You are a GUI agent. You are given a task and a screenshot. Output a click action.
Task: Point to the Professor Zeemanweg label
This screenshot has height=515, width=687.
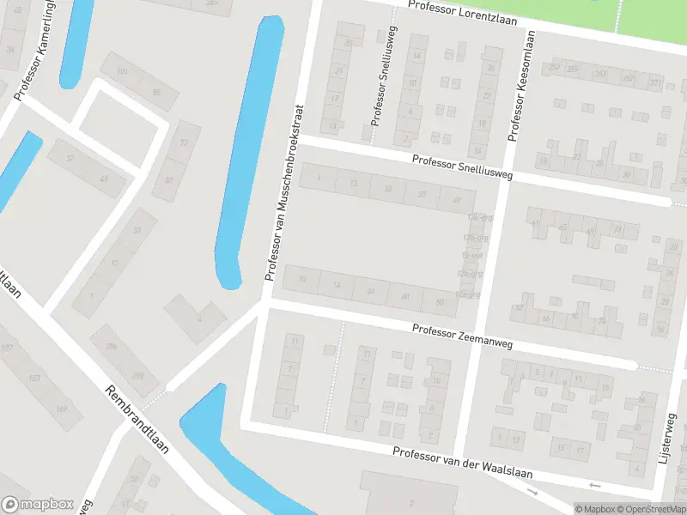pos(462,336)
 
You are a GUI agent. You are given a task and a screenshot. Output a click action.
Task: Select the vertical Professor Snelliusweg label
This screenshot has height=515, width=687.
pos(379,76)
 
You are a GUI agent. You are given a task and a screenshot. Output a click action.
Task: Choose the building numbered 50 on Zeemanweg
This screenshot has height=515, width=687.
pos(440,302)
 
